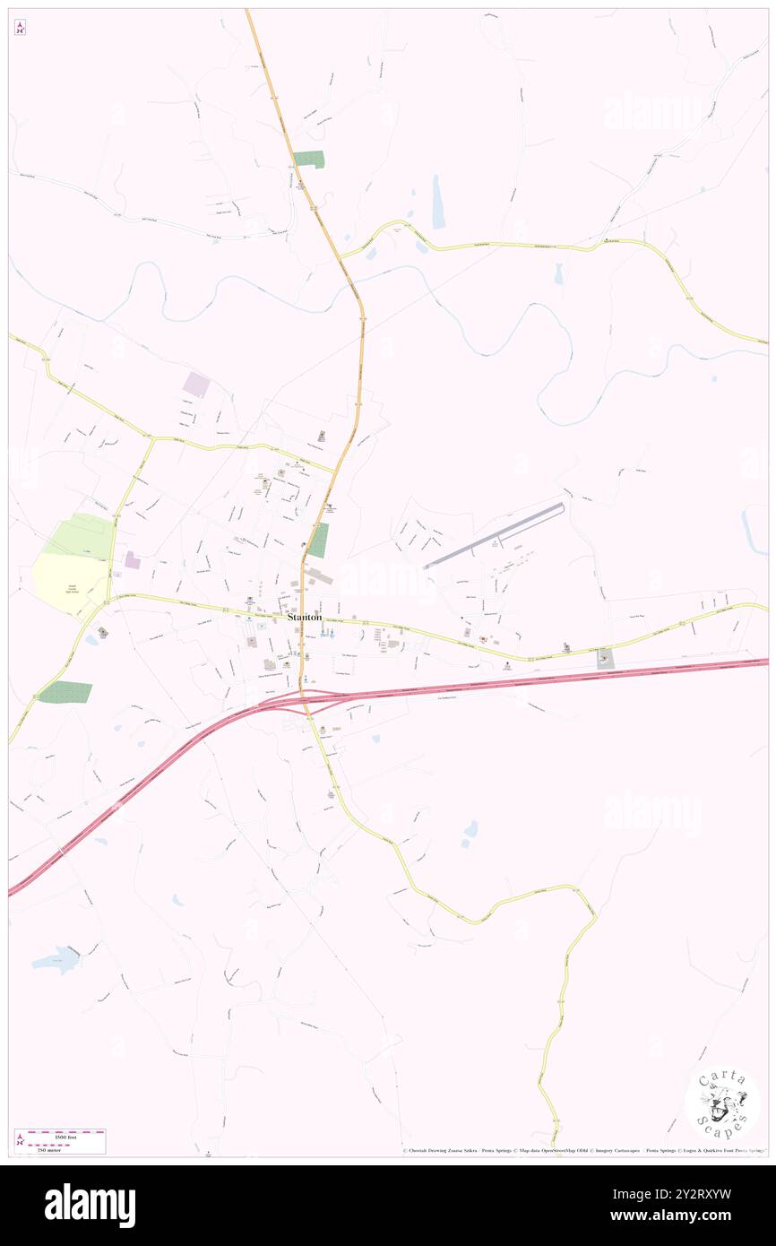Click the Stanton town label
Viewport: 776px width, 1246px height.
pyautogui.click(x=305, y=618)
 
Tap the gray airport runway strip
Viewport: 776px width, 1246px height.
pyautogui.click(x=494, y=536)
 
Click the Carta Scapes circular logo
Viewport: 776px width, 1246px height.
pyautogui.click(x=722, y=1103)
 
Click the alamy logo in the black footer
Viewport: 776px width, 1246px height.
pyautogui.click(x=90, y=1205)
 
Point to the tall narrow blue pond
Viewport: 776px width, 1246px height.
pyautogui.click(x=438, y=202)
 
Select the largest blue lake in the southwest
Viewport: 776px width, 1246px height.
pyautogui.click(x=56, y=960)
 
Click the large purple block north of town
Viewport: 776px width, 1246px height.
pyautogui.click(x=196, y=385)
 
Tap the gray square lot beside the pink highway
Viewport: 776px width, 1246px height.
pyautogui.click(x=606, y=658)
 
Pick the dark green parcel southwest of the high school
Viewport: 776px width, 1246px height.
pyautogui.click(x=65, y=692)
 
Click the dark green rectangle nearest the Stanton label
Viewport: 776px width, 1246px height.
pyautogui.click(x=318, y=541)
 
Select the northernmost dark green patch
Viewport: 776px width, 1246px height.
pyautogui.click(x=309, y=160)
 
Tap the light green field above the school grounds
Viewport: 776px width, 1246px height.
pyautogui.click(x=81, y=535)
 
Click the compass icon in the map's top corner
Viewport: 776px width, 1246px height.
pyautogui.click(x=20, y=27)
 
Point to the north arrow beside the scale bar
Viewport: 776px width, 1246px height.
pyautogui.click(x=20, y=1141)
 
